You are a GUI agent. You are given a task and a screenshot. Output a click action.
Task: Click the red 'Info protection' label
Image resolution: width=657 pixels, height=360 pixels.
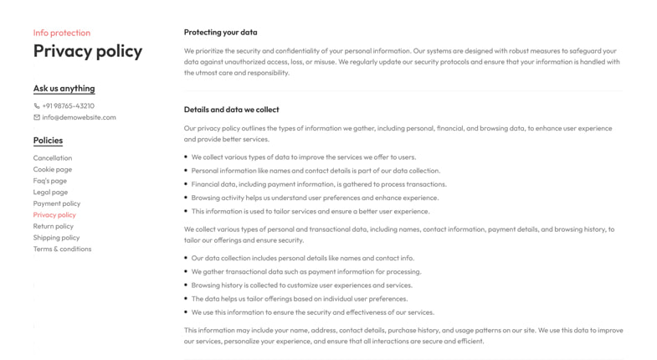point(61,33)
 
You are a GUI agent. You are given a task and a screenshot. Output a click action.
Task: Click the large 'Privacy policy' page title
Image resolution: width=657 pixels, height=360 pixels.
point(88,51)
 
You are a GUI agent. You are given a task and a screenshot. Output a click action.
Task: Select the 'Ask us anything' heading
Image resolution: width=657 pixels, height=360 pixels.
point(64,88)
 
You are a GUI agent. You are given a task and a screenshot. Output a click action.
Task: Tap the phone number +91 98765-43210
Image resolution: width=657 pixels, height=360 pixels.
point(68,106)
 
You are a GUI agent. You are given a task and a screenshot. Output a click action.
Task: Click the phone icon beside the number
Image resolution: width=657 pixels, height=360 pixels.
point(37,106)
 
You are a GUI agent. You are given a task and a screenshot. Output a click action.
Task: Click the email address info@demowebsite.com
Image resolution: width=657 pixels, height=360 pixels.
point(79,117)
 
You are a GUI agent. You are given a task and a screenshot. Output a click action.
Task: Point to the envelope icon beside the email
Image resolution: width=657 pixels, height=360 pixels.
point(37,117)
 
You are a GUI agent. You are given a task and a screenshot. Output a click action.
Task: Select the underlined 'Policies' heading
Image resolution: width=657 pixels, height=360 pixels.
point(48,140)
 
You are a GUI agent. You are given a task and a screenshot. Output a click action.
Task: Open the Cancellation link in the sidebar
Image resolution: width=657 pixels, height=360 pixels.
point(53,158)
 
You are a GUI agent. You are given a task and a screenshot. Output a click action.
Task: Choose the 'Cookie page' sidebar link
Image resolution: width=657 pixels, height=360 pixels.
point(53,169)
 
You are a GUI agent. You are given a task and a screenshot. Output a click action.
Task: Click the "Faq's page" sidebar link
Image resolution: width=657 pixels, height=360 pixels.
point(50,181)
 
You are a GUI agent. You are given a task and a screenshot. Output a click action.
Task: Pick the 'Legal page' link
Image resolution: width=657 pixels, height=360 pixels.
point(50,192)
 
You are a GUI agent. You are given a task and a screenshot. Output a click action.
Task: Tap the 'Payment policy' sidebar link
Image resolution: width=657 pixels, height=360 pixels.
point(57,203)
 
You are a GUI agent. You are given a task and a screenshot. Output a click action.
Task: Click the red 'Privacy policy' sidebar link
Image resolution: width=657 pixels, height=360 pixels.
point(54,215)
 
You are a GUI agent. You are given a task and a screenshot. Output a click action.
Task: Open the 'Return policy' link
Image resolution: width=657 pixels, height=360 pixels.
point(54,226)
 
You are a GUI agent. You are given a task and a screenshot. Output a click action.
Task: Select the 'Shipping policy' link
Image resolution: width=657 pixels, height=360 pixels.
point(56,238)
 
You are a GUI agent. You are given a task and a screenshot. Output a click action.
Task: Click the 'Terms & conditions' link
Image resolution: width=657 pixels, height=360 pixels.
point(62,249)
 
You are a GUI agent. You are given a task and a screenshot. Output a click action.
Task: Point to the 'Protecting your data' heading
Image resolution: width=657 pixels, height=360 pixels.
point(220,33)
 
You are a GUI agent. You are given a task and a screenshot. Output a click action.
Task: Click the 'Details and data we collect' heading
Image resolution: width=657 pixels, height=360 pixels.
point(231,110)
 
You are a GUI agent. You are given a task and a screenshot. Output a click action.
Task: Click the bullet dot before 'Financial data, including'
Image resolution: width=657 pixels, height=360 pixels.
point(186,184)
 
